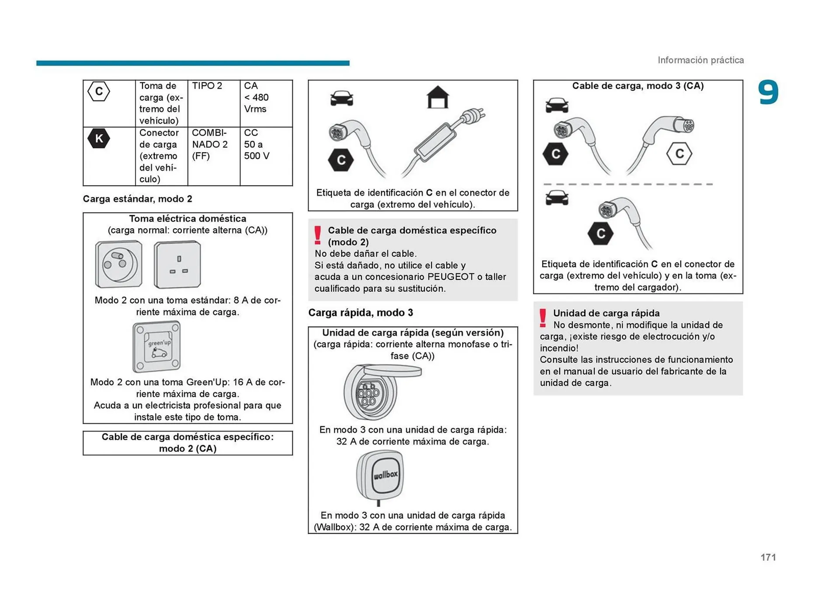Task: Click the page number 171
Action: [768, 557]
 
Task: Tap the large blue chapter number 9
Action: [768, 93]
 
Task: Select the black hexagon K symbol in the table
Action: [99, 139]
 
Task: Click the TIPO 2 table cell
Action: [207, 86]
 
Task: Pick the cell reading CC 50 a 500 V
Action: [257, 144]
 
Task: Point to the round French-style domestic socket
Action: [118, 264]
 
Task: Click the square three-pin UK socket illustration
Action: [177, 265]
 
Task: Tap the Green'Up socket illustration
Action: [156, 346]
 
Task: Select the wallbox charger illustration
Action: [380, 476]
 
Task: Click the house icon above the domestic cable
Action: [437, 97]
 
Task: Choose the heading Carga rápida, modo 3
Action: [361, 313]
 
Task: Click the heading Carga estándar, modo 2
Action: [138, 199]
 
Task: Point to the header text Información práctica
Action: [700, 60]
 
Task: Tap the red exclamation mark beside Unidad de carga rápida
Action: [543, 318]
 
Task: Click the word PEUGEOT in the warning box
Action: [451, 277]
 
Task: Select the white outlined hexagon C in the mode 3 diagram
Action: [679, 153]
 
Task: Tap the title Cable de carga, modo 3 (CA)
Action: [638, 86]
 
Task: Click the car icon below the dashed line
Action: [557, 198]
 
